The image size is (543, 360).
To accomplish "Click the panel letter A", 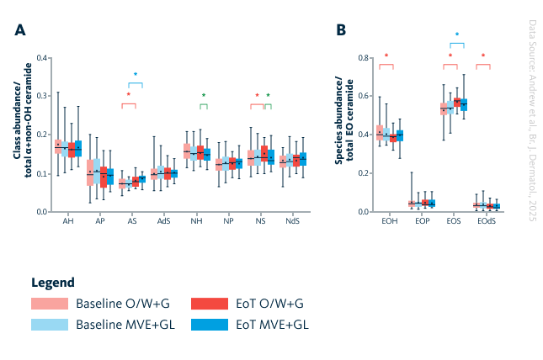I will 19,30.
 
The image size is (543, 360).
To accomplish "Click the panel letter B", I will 341,30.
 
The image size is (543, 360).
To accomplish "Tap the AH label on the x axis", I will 68,220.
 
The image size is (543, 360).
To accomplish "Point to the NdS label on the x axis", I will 292,220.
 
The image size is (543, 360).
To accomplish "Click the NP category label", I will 228,220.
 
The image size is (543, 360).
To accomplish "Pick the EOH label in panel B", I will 389,220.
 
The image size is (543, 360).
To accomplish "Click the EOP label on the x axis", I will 421,220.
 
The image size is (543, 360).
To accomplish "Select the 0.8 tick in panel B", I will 364,58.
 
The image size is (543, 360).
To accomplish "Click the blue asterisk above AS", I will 136,75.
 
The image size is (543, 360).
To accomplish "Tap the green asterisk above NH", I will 203,95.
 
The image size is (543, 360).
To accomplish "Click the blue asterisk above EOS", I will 457,35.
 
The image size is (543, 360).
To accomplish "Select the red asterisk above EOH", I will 386,56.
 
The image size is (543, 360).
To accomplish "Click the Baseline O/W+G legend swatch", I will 49,303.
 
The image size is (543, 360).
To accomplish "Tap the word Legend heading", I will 52,282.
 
